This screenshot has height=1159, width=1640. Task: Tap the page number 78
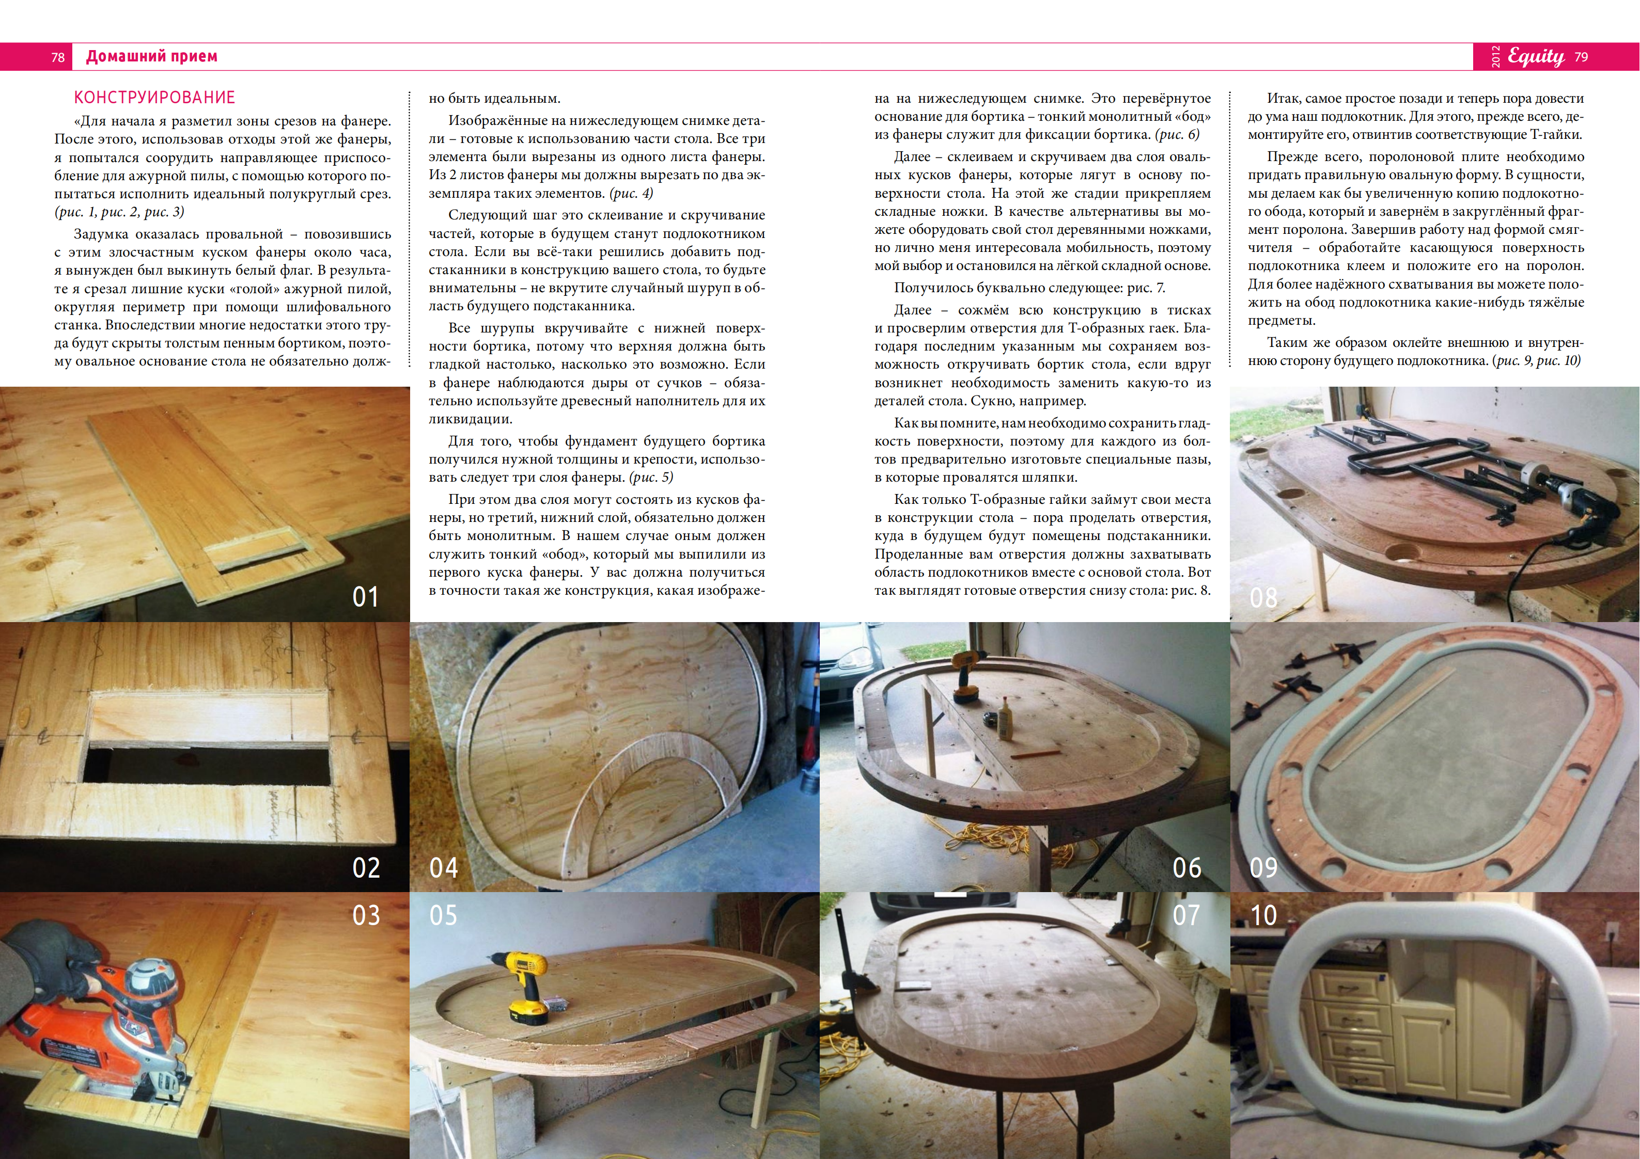[58, 57]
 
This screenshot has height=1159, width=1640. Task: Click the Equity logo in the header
[1536, 56]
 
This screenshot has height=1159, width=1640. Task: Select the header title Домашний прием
[151, 56]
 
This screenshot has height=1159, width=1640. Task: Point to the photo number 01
[365, 597]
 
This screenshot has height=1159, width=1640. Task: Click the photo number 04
[443, 868]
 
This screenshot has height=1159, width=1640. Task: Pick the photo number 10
[1263, 915]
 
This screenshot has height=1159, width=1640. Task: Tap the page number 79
[1581, 57]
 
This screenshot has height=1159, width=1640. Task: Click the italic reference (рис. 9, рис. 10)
[1536, 361]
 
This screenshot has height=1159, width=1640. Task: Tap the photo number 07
[1186, 915]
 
